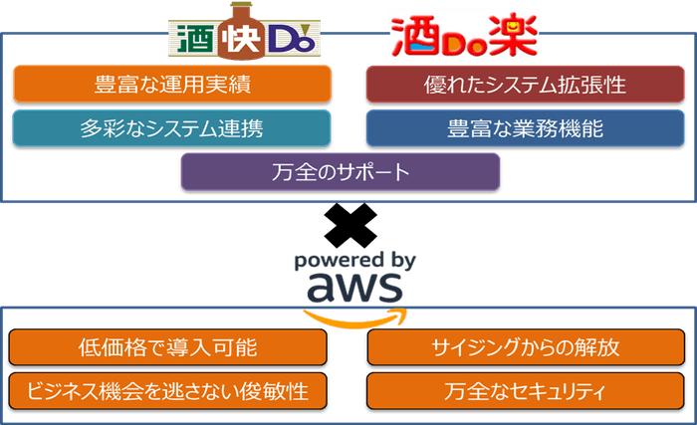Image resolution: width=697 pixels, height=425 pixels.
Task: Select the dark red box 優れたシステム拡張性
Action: [526, 85]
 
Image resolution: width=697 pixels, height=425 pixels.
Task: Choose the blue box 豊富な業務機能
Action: [526, 128]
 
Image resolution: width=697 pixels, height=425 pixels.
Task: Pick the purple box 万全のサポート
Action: [340, 171]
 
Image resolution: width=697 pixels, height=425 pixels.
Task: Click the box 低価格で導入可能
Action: [167, 347]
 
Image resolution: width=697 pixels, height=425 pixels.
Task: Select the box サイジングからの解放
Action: [526, 347]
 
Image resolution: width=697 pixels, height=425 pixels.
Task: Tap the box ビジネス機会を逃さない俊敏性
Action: [167, 390]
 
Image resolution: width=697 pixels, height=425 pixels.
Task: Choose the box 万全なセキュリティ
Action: [526, 390]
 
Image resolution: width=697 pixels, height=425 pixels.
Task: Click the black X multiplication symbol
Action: [349, 226]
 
